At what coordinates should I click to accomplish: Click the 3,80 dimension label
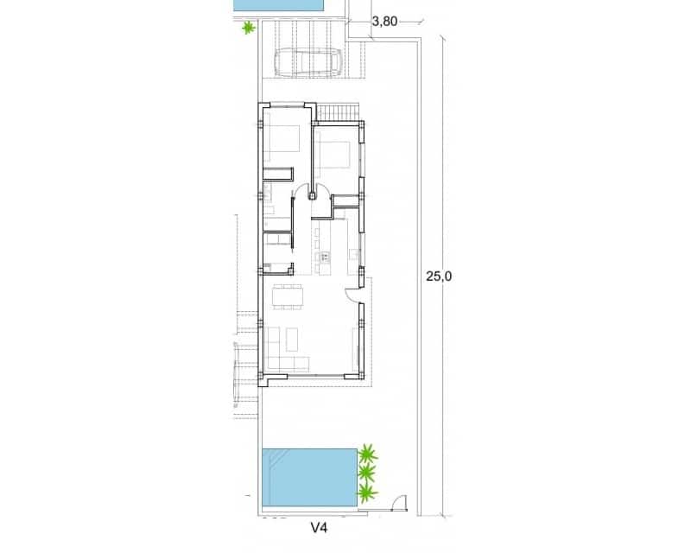(x=384, y=22)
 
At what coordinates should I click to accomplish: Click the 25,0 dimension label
(x=439, y=276)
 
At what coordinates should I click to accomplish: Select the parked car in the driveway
(x=307, y=62)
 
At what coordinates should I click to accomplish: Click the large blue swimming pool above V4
(x=309, y=479)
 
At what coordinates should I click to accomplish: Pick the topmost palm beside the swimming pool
(x=369, y=453)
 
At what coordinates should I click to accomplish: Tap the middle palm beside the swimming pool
(x=366, y=474)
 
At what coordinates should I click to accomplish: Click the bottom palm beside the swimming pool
(x=368, y=493)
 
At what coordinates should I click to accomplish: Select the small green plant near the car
(x=249, y=29)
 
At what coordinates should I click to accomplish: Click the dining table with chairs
(x=288, y=296)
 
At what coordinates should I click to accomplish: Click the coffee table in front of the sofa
(x=291, y=336)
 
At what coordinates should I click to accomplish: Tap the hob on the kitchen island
(x=325, y=257)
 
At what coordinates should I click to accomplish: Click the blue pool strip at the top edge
(x=279, y=5)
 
